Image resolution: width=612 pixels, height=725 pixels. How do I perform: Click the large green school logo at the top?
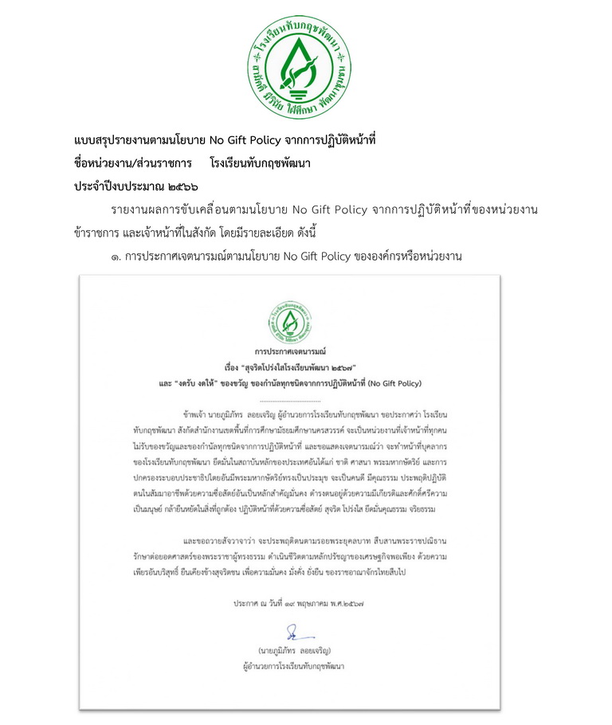tap(298, 65)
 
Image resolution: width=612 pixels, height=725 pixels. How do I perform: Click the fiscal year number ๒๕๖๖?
tap(181, 185)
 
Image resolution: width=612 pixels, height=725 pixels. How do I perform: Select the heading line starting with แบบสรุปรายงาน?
tap(224, 140)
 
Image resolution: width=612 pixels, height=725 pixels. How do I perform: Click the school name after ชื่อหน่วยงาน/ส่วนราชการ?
tap(260, 163)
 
